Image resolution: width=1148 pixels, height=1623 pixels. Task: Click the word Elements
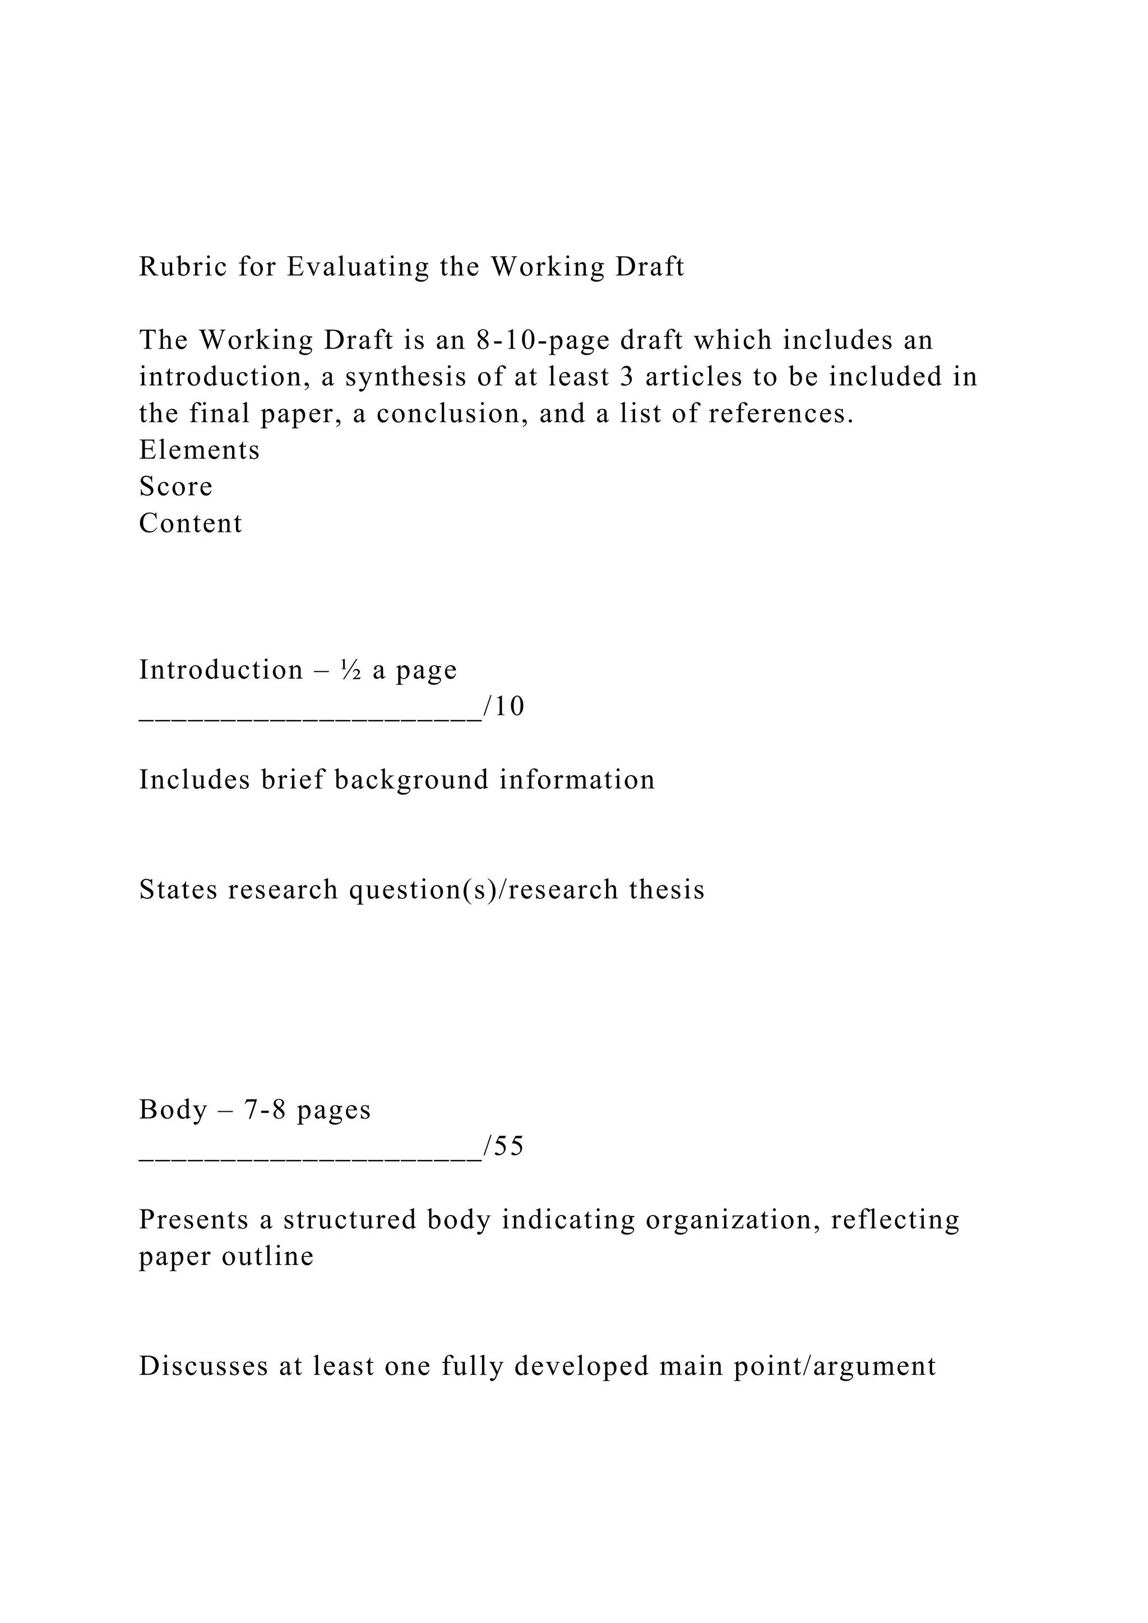(x=200, y=450)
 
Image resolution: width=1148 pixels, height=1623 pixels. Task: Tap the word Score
(x=175, y=486)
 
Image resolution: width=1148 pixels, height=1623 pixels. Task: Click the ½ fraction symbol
(x=351, y=670)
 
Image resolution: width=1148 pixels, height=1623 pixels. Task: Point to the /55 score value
(x=504, y=1146)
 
